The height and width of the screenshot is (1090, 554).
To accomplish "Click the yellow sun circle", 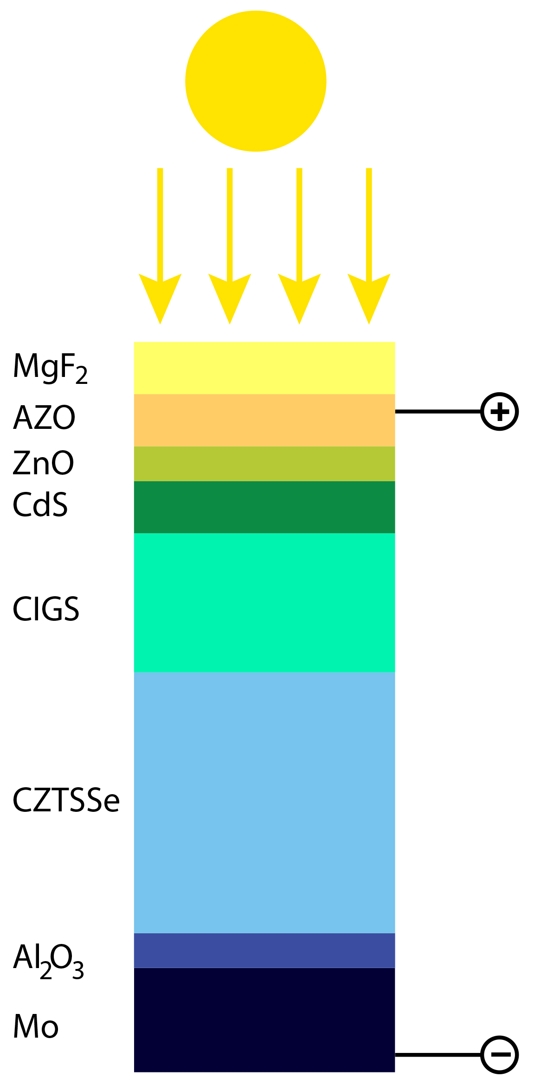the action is point(256,81).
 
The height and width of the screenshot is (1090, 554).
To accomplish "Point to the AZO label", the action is point(44,418).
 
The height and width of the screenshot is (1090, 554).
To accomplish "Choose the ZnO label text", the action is point(43,463).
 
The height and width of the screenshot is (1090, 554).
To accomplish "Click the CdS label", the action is point(40,504).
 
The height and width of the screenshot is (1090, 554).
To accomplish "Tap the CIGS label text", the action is point(46,609).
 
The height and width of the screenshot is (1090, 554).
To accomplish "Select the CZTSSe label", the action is point(66,800).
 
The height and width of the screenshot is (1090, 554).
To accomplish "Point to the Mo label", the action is point(36,1026).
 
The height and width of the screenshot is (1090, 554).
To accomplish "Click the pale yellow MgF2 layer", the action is point(264,368).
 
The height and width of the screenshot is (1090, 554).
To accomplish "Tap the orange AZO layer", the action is point(264,420).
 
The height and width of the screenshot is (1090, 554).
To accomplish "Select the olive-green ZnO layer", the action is point(264,464).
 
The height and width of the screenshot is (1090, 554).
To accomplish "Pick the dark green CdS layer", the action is point(264,507).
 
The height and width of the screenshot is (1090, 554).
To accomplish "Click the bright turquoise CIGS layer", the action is point(264,602).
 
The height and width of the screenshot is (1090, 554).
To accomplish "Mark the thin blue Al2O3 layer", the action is point(264,950).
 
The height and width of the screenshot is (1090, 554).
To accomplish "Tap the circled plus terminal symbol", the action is point(499,411).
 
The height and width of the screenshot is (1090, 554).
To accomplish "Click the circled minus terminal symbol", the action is point(499,1055).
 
